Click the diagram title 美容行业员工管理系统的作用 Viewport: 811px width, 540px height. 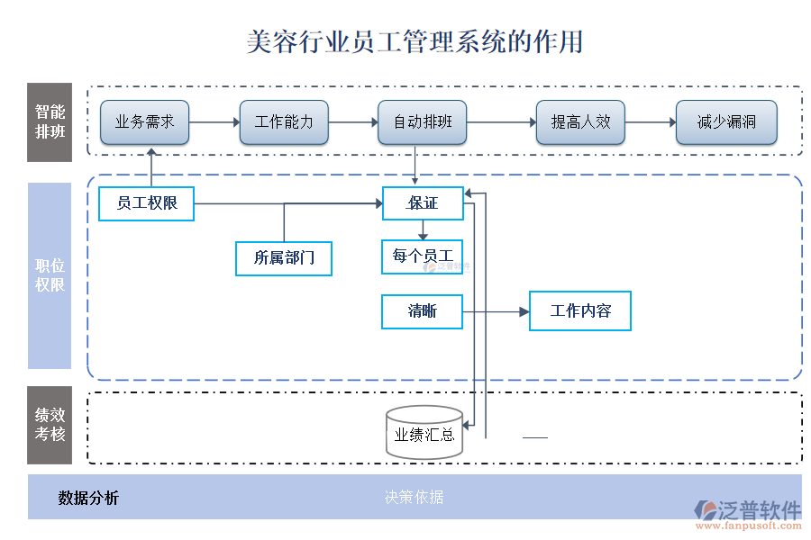(415, 42)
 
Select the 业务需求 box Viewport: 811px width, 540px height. (144, 122)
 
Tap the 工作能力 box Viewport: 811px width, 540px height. (284, 122)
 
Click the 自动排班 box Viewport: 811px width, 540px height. (423, 122)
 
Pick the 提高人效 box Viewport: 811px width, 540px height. (580, 122)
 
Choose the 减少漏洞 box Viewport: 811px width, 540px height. (726, 122)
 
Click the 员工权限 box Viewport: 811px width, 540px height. (146, 203)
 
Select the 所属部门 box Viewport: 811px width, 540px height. (284, 258)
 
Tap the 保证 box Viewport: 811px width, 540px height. (423, 203)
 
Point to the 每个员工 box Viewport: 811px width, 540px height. (422, 256)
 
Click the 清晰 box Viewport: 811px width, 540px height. (422, 311)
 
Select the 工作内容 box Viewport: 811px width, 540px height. (579, 311)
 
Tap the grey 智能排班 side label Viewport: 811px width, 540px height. (50, 122)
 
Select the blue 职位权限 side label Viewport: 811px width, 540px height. (50, 276)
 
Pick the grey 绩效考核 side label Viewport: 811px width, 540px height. (50, 426)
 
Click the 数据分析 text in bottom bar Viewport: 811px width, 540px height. (88, 498)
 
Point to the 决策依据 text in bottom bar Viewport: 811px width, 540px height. (414, 497)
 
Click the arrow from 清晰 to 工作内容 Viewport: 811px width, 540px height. (496, 311)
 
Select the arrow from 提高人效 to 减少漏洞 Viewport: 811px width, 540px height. (650, 122)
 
